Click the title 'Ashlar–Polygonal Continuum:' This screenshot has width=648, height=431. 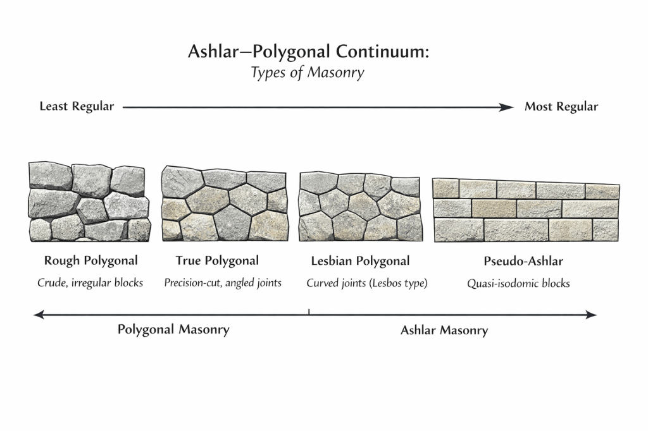308,52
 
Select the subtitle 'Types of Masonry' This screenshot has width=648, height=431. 308,73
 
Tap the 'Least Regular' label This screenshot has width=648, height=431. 77,106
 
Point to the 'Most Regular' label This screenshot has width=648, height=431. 561,107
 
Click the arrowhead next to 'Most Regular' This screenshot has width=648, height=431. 508,107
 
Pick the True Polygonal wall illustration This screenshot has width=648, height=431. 224,203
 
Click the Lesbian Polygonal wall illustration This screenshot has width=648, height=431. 360,207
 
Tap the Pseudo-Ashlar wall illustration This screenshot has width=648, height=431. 526,210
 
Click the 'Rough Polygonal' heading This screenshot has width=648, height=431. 91,261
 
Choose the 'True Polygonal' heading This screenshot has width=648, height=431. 217,261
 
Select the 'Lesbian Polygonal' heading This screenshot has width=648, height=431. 360,261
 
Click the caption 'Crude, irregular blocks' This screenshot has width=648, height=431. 90,283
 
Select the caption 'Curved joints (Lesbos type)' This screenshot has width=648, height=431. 367,283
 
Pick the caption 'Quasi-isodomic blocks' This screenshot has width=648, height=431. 518,284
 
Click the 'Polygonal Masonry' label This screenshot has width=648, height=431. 173,329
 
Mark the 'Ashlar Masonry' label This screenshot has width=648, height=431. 444,330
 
